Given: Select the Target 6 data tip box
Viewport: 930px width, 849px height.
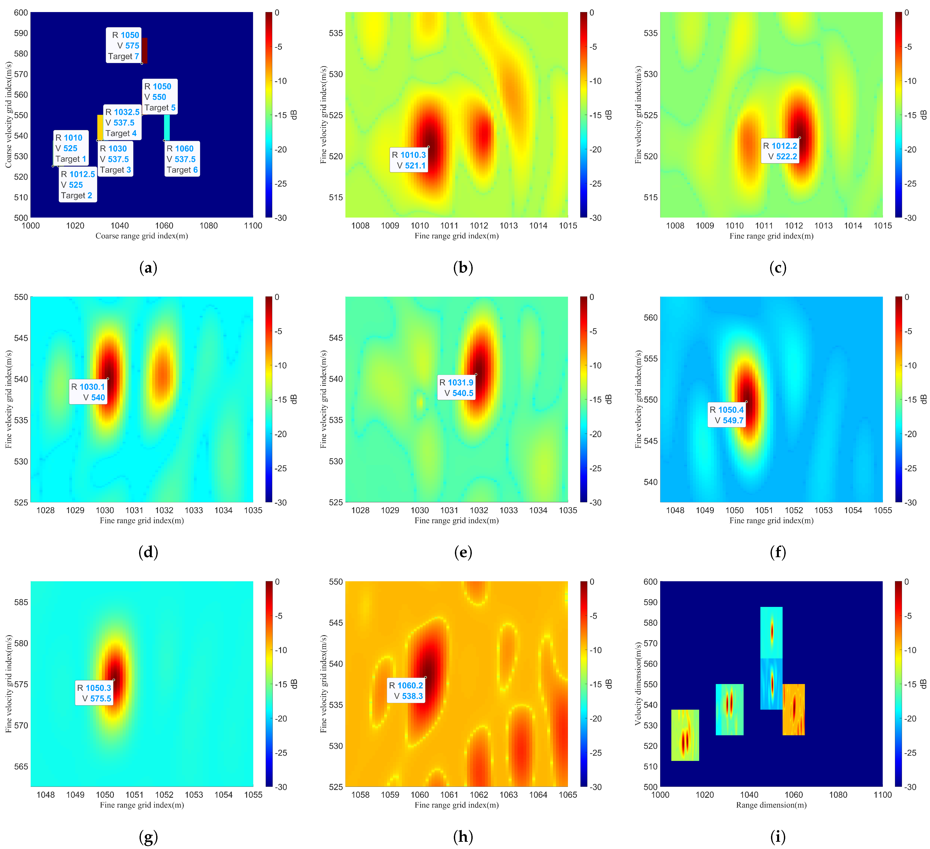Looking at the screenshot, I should click(182, 159).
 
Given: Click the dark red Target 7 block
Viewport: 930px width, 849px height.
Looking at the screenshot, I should click(144, 50).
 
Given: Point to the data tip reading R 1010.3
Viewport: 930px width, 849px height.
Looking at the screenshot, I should click(409, 160).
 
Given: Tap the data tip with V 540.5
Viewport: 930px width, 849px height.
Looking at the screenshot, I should click(456, 388).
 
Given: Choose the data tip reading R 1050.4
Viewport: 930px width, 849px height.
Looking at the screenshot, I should click(727, 415).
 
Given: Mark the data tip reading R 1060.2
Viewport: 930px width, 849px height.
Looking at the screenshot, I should click(406, 691).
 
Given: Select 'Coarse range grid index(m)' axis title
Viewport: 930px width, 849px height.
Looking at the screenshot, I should click(142, 236).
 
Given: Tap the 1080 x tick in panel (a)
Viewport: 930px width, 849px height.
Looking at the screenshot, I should click(209, 226).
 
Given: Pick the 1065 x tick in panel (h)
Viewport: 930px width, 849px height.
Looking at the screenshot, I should click(568, 794).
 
